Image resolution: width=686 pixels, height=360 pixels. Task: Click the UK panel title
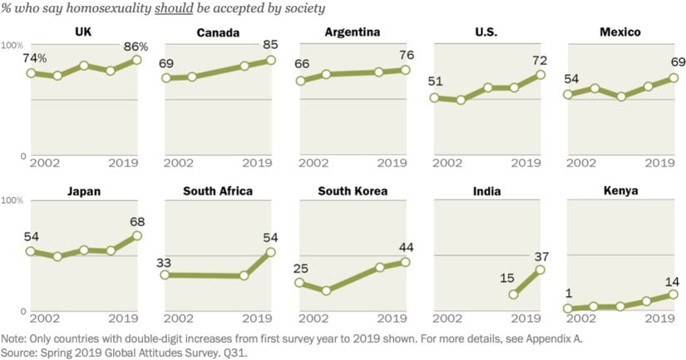pos(82,33)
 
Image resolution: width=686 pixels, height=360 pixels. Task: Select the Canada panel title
pos(217,33)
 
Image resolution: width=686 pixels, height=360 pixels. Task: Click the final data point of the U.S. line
pos(540,74)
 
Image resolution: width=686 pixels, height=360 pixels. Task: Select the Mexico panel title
pos(621,33)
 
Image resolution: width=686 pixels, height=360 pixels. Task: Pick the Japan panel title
pos(84,191)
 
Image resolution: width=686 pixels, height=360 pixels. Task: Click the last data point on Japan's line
pos(137,236)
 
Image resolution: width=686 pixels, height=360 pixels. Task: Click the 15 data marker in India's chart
pos(513,294)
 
